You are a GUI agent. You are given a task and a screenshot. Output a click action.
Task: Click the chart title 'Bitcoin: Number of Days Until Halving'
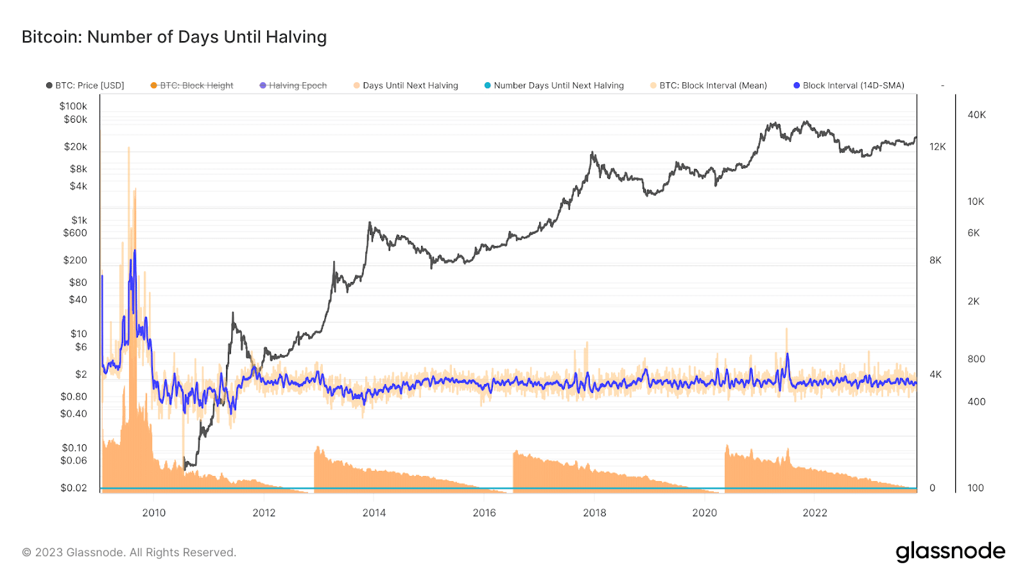(x=174, y=37)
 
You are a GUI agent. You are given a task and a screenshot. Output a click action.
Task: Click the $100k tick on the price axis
(x=73, y=106)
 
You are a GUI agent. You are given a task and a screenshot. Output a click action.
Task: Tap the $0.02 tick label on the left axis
(x=74, y=488)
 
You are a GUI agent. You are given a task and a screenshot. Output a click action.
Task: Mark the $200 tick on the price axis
(x=75, y=260)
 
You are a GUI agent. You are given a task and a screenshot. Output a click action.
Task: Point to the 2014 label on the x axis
(x=374, y=512)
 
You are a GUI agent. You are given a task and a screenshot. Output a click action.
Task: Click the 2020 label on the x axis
(x=705, y=512)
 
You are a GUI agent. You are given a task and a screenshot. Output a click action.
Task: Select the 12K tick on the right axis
(x=937, y=147)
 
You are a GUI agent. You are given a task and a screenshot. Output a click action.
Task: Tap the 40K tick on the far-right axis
(x=976, y=115)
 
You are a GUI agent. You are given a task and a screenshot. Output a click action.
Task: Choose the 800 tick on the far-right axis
(x=976, y=359)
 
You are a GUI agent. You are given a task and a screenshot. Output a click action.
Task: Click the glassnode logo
(x=950, y=552)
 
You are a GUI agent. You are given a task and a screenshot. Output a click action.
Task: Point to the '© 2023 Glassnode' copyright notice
(x=129, y=552)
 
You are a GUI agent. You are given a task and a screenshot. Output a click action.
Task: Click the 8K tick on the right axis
(x=935, y=260)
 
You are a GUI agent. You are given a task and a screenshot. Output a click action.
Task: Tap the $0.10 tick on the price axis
(x=74, y=448)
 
